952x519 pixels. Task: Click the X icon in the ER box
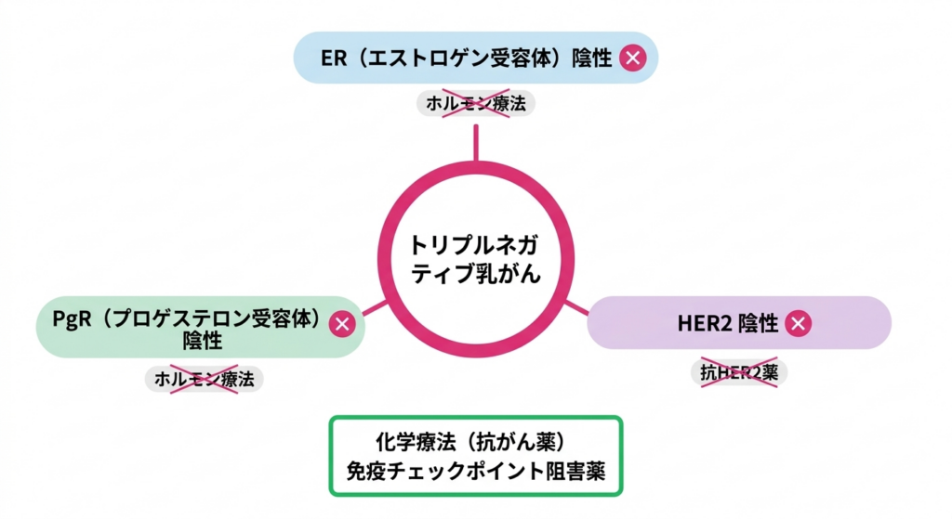pos(633,58)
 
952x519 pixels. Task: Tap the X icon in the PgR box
pos(343,323)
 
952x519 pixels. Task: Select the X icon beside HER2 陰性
pos(798,323)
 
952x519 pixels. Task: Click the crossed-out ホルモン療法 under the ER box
pos(476,104)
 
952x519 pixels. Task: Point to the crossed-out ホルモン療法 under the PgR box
pos(205,378)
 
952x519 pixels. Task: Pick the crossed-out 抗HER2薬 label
pos(739,372)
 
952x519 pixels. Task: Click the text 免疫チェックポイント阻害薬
pos(475,471)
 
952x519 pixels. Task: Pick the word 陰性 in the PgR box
pos(203,342)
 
